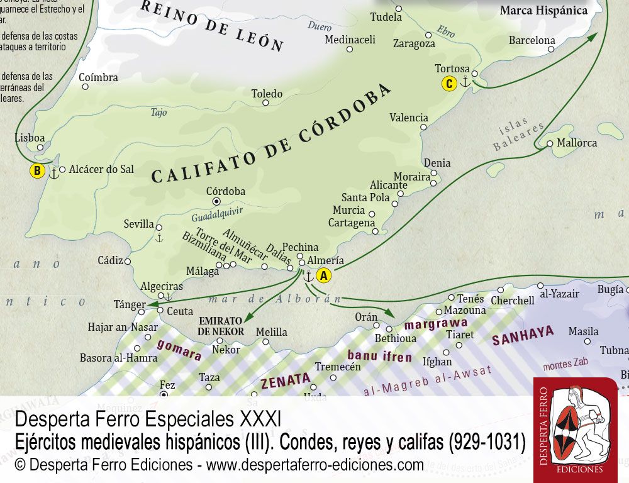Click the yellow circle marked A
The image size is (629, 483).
323,275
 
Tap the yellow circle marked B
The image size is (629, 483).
38,170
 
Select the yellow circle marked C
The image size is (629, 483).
448,83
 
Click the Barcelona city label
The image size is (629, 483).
532,40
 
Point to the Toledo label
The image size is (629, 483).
267,94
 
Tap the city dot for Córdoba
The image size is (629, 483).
217,201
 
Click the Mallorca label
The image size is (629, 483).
577,143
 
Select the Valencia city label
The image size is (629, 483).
409,118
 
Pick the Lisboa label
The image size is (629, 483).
30,138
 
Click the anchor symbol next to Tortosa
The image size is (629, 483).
465,82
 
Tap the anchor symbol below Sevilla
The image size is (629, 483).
159,238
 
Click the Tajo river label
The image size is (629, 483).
159,113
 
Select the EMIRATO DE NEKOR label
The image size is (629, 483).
221,326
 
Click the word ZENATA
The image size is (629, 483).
286,379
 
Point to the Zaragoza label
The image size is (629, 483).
414,43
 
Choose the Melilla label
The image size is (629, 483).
271,332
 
